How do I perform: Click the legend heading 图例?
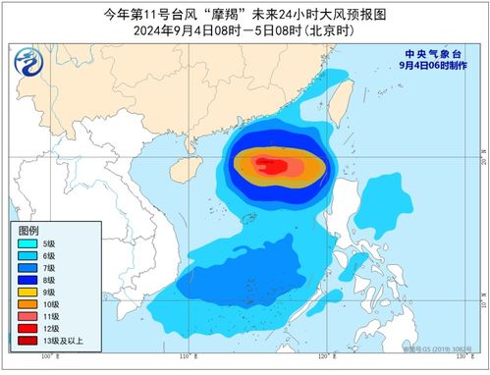(28, 229)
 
